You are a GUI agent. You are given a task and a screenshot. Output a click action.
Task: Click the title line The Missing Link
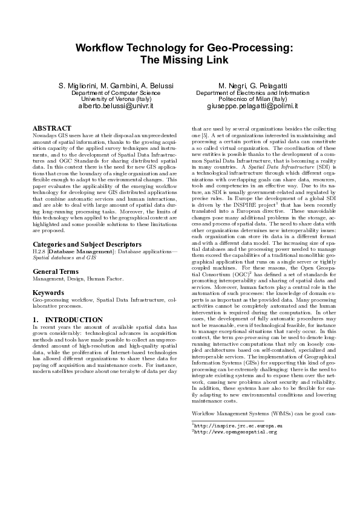(180, 60)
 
